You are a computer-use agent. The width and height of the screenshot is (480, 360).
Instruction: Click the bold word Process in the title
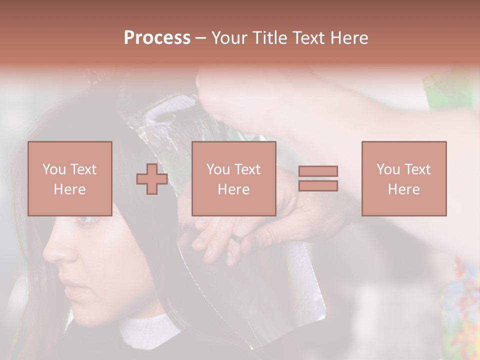157,38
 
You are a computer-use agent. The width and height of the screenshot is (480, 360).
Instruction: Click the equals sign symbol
318,178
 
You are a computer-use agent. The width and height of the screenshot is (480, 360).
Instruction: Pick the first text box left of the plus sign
70,178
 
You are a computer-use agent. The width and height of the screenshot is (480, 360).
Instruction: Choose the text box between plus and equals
233,178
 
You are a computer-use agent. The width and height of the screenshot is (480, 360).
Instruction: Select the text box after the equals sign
403,178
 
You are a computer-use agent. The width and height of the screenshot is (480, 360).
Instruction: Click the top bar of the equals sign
318,171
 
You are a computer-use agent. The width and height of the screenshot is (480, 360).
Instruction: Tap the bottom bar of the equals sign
318,186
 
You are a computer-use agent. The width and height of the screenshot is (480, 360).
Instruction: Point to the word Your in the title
228,38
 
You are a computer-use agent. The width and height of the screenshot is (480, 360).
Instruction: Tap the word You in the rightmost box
388,169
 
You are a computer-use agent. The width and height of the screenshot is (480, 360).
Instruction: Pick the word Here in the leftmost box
70,189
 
